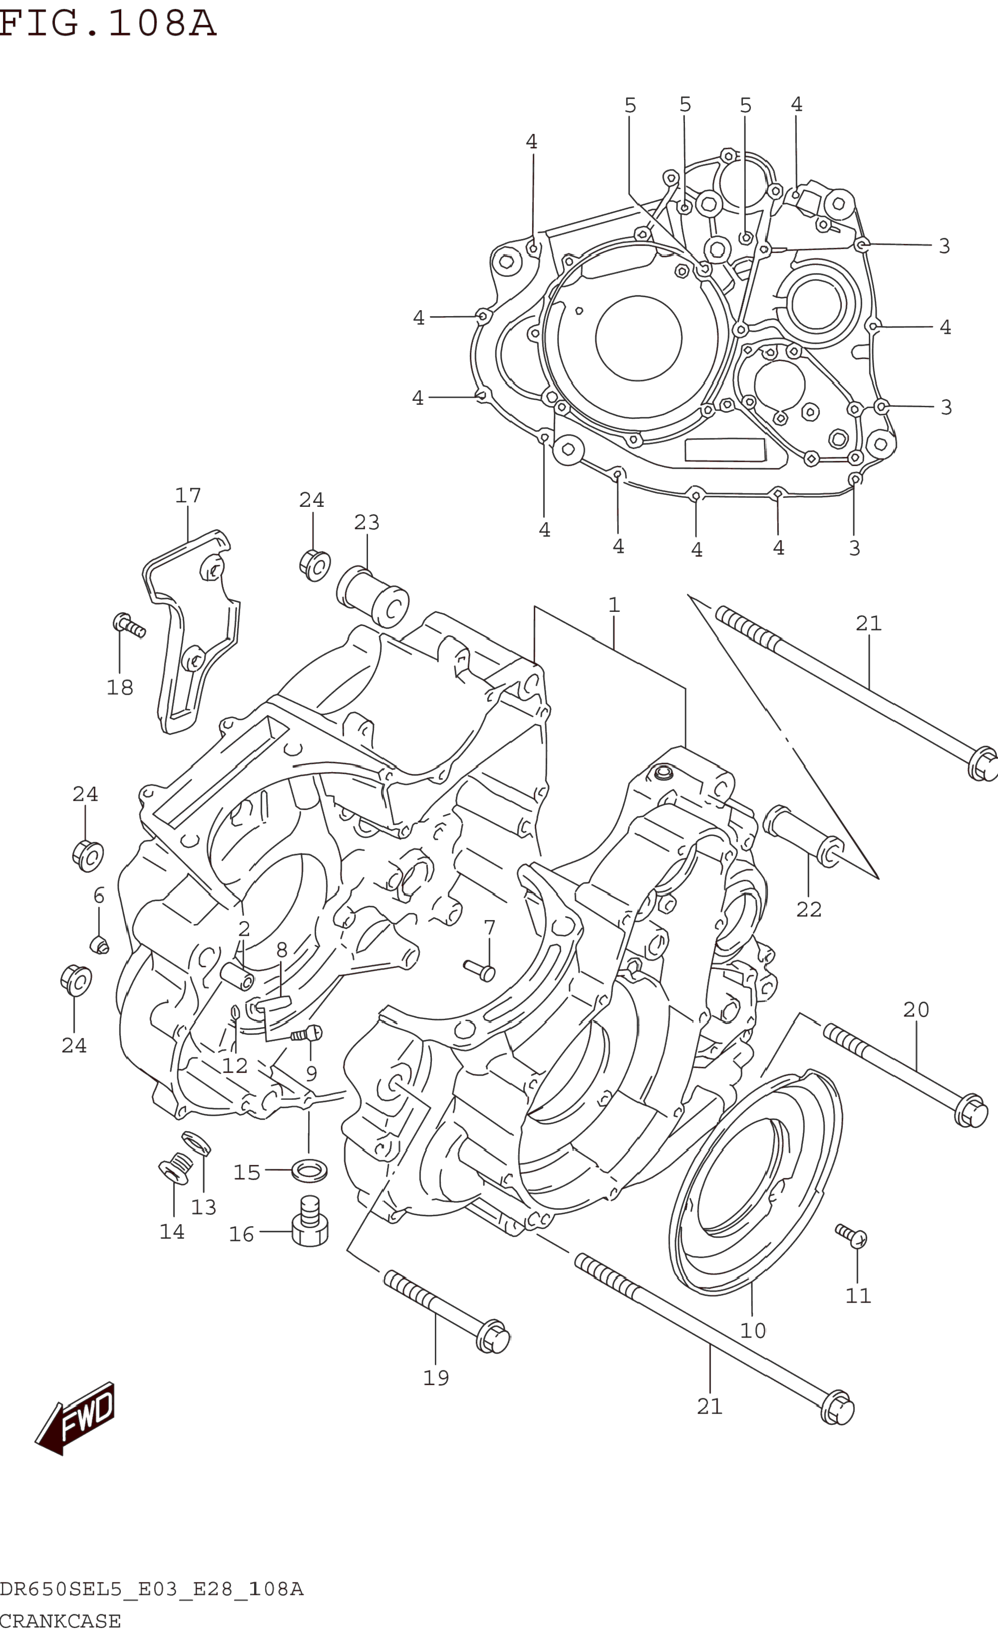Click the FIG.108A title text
click(x=108, y=23)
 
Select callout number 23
click(x=367, y=522)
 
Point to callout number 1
click(x=614, y=604)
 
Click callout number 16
click(x=241, y=1234)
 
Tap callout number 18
click(x=120, y=687)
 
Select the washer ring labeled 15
click(x=309, y=1172)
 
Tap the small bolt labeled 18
click(x=129, y=625)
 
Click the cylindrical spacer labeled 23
click(x=372, y=597)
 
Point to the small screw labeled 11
click(x=851, y=1235)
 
